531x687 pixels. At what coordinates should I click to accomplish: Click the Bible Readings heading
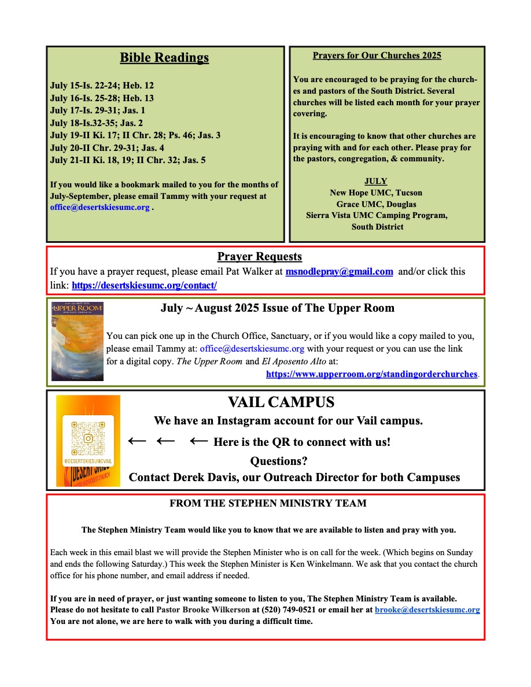[x=164, y=58]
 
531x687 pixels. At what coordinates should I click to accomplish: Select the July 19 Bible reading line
[x=135, y=135]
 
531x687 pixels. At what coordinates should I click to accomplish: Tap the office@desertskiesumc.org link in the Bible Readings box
[x=100, y=207]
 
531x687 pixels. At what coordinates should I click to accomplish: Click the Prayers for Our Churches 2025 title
[x=377, y=56]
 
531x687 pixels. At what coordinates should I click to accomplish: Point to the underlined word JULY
[x=376, y=181]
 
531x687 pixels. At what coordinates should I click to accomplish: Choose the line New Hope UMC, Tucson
[x=376, y=193]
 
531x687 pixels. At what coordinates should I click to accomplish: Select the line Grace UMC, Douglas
[x=376, y=204]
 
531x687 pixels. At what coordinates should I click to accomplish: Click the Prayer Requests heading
[x=260, y=257]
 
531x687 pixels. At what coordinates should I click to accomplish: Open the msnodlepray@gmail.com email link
[x=340, y=272]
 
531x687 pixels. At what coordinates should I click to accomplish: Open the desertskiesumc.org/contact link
[x=144, y=286]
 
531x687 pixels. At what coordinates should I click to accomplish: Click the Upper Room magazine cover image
[x=77, y=341]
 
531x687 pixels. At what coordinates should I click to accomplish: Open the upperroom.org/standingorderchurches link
[x=372, y=374]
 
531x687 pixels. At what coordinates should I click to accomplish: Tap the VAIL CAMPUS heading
[x=281, y=402]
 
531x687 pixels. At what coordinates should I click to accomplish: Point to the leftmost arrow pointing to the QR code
[x=137, y=441]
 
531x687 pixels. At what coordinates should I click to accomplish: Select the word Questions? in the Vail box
[x=278, y=461]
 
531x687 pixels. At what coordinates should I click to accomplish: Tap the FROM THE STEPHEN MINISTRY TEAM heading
[x=268, y=504]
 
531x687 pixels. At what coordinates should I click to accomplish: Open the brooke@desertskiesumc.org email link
[x=427, y=610]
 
